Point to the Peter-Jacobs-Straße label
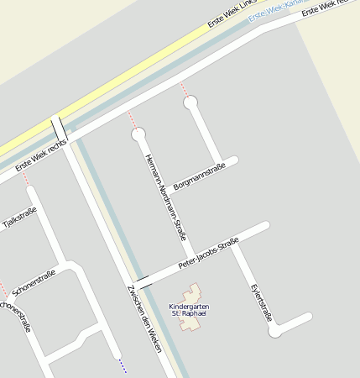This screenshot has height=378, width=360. pyautogui.click(x=209, y=254)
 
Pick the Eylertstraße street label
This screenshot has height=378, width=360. pyautogui.click(x=262, y=302)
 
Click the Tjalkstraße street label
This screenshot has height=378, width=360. pyautogui.click(x=19, y=218)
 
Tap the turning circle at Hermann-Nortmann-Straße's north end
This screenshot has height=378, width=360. pyautogui.click(x=138, y=134)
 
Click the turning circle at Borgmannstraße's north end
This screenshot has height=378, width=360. pyautogui.click(x=191, y=102)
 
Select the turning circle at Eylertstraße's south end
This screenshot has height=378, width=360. pyautogui.click(x=275, y=331)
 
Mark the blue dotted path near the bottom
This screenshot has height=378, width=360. pyautogui.click(x=122, y=365)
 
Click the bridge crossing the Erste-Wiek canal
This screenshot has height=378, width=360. pyautogui.click(x=59, y=128)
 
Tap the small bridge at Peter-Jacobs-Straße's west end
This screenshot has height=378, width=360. pyautogui.click(x=143, y=281)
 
